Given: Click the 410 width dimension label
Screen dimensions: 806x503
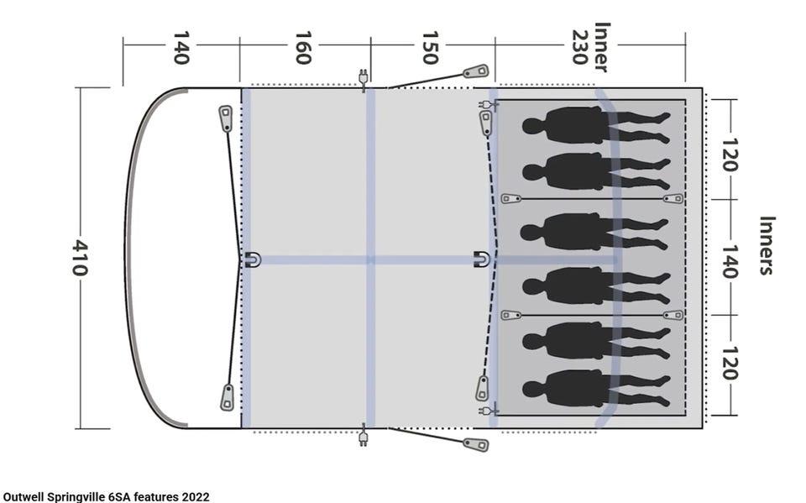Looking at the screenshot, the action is coord(79,257).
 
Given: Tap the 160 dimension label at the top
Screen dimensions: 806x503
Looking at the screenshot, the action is coord(303,48).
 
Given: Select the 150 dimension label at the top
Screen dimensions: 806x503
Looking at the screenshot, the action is coord(430,48).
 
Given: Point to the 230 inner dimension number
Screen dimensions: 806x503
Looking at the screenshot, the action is coord(579,47).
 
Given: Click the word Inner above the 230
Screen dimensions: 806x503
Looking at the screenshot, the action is coord(601,47).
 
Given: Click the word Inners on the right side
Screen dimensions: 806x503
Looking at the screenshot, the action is coord(767,245).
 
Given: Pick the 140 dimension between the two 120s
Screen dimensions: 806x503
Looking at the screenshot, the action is coord(730,261).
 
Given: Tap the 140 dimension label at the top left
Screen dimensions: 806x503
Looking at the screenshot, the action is coord(181,48).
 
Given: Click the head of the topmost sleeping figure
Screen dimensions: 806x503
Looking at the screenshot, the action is coord(533,126).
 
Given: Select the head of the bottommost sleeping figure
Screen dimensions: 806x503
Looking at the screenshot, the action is coord(533,389).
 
